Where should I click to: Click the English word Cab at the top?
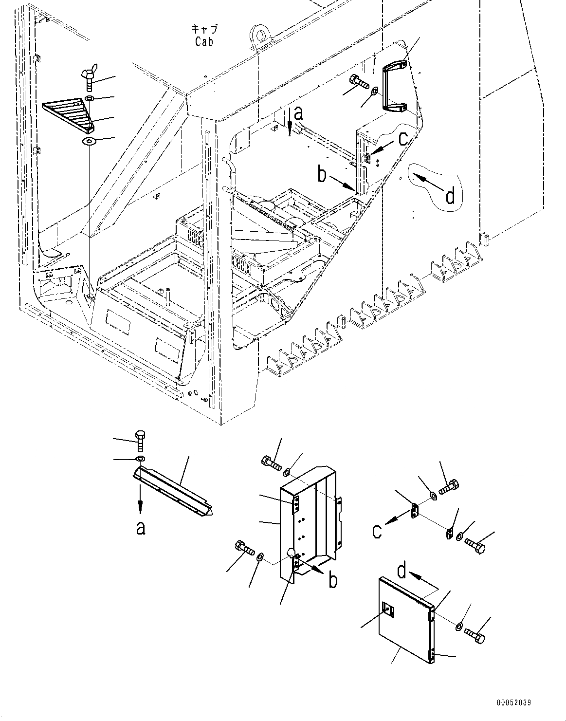204,42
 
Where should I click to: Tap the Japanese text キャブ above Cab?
204,29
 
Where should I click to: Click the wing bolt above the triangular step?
90,78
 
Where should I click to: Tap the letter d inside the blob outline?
450,196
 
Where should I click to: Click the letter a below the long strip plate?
140,527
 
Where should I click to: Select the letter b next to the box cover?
333,580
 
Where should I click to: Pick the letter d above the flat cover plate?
401,571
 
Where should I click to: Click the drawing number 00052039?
514,703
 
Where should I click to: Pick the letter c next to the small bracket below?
377,532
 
